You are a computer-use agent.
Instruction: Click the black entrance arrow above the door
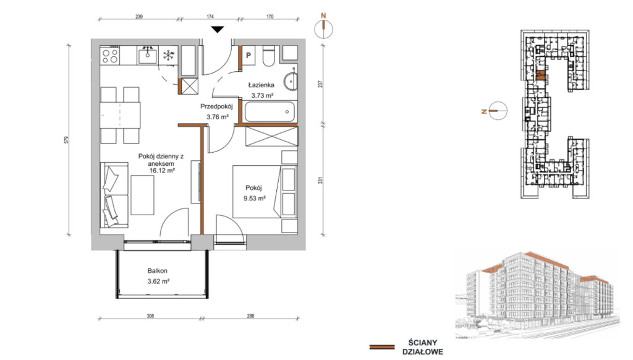point(218,30)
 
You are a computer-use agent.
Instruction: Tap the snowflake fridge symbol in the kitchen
point(168,55)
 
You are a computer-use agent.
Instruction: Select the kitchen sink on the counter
point(147,55)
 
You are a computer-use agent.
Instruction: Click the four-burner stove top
point(110,55)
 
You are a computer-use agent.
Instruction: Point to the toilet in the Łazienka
point(269,56)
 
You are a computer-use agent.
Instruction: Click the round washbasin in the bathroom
point(291,82)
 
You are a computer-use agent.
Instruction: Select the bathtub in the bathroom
point(270,111)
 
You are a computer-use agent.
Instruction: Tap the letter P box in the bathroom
point(249,55)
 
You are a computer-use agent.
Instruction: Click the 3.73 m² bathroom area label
point(262,96)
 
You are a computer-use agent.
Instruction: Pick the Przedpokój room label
point(217,106)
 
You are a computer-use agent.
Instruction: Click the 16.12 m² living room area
point(162,171)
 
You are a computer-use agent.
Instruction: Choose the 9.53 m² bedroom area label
point(254,199)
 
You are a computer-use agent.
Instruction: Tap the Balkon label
point(158,271)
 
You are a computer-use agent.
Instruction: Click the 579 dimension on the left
point(67,140)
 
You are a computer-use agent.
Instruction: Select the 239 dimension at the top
point(139,17)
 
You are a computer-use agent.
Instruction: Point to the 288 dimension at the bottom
point(251,316)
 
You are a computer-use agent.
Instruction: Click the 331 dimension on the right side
point(321,180)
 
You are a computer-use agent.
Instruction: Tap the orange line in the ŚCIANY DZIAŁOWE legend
point(382,347)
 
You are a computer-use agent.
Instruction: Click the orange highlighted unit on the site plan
point(541,75)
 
